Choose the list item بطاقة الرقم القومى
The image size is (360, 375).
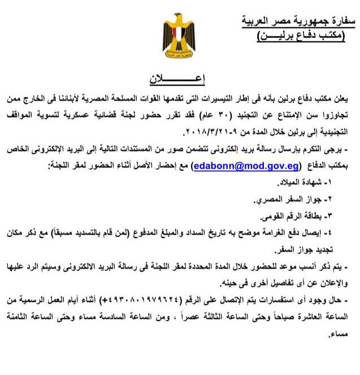pyautogui.click(x=300, y=217)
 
